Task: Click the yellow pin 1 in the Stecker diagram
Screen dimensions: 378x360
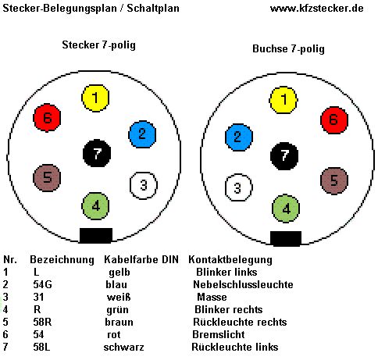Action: [x=95, y=98]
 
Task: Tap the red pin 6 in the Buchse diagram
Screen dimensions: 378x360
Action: [x=334, y=120]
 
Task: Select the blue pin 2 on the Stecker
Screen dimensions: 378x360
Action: [x=142, y=134]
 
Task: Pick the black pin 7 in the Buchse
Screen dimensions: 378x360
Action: [x=284, y=156]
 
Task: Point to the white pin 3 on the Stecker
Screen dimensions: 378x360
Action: [x=144, y=185]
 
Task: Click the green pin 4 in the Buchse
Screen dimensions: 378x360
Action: [x=286, y=209]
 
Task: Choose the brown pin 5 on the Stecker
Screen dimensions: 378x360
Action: [x=47, y=178]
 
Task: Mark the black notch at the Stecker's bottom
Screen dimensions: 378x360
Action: [x=96, y=236]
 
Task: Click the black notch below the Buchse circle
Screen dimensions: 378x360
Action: [x=286, y=238]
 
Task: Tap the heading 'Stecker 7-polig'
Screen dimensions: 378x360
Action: [x=98, y=45]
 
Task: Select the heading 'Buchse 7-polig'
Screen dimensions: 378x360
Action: [x=288, y=49]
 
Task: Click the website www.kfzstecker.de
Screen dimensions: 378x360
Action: [x=316, y=9]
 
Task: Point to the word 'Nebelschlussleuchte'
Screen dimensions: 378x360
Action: [x=243, y=284]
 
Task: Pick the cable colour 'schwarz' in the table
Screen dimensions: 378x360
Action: [x=123, y=347]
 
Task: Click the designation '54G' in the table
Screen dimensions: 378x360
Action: [x=42, y=284]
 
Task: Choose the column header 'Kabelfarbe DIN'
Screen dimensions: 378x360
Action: [x=141, y=259]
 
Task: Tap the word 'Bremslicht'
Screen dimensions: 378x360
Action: [x=219, y=334]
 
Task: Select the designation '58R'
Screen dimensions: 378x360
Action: [x=42, y=322]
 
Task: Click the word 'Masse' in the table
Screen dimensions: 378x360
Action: [x=212, y=297]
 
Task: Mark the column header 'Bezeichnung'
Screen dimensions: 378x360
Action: [x=62, y=260]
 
